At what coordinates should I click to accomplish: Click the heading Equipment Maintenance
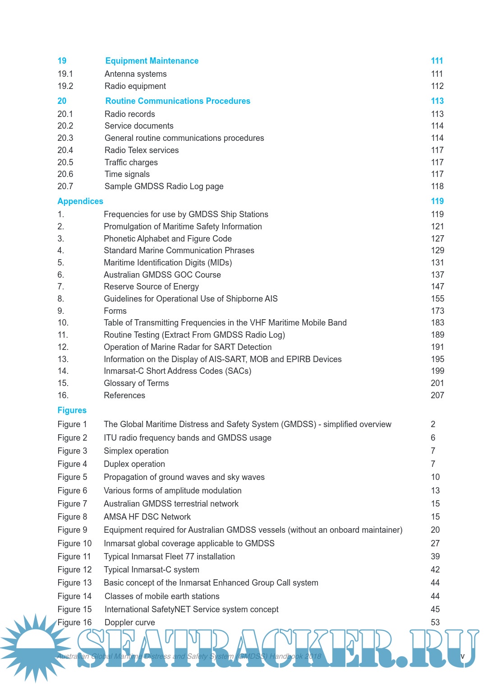click(x=152, y=61)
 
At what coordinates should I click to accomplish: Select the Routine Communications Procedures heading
click(x=178, y=101)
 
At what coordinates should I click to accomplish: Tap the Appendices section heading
click(x=80, y=201)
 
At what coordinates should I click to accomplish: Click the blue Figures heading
click(x=72, y=410)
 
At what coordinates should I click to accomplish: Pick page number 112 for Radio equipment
click(x=437, y=86)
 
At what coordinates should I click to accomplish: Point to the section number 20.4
click(x=65, y=150)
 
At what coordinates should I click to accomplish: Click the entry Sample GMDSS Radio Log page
click(x=164, y=186)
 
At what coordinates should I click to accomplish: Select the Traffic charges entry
click(x=131, y=163)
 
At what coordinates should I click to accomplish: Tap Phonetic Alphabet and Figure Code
click(x=167, y=239)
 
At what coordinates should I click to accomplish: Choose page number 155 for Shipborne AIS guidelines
click(x=437, y=299)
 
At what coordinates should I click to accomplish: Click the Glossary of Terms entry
click(x=136, y=383)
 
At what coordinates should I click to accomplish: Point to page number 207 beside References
click(x=437, y=396)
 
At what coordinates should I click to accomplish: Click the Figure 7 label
click(x=72, y=504)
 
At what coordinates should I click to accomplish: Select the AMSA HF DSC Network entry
click(x=147, y=517)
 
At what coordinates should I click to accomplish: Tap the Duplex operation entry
click(x=134, y=464)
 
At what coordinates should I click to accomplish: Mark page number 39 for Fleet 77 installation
click(x=435, y=557)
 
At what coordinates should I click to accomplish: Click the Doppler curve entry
click(x=129, y=623)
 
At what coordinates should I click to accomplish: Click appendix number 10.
click(x=63, y=323)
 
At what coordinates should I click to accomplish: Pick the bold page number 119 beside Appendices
click(x=437, y=201)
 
